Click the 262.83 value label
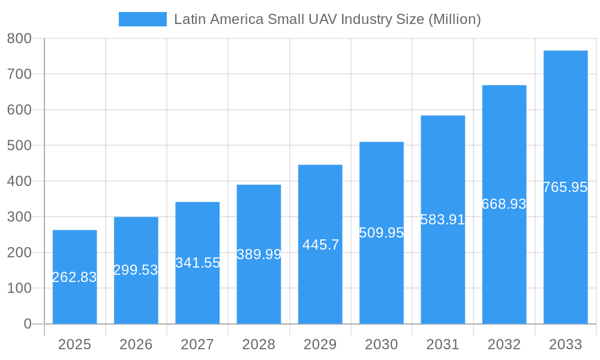(x=74, y=277)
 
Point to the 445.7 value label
(x=320, y=245)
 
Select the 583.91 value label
(x=443, y=220)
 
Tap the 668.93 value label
(x=504, y=204)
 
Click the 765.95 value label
(x=565, y=187)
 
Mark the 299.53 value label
(x=136, y=270)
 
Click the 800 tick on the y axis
(x=19, y=38)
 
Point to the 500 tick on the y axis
(x=19, y=146)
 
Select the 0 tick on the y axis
(x=28, y=324)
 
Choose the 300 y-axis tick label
(x=19, y=217)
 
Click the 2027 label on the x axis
(x=197, y=344)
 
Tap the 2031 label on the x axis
(x=443, y=344)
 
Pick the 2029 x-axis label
(x=320, y=344)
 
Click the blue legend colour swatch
(x=143, y=19)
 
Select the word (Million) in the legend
(x=454, y=19)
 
